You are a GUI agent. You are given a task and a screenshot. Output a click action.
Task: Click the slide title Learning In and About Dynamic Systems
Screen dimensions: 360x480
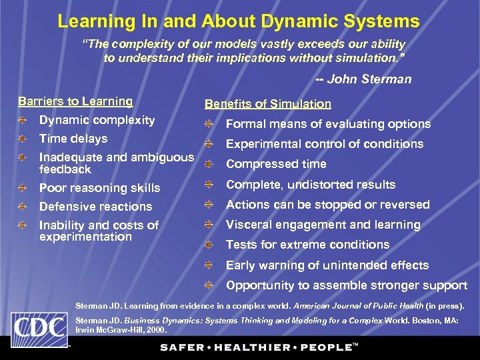click(239, 21)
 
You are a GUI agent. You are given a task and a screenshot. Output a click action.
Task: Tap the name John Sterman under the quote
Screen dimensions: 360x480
click(370, 79)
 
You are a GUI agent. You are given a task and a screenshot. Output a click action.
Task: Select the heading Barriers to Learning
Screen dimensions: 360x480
click(75, 101)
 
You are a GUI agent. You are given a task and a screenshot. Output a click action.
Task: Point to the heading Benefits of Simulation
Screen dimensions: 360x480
click(267, 104)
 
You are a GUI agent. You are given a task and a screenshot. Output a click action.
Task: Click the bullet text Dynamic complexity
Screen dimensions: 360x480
click(97, 121)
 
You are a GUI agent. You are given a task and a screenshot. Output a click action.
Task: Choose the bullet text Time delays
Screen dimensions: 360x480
click(73, 139)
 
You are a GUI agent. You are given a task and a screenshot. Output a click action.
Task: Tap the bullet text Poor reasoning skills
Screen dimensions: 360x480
click(99, 188)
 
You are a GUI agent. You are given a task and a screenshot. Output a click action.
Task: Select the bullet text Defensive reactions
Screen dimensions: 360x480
click(95, 207)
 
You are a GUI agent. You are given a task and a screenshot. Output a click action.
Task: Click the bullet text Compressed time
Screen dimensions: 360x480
click(276, 164)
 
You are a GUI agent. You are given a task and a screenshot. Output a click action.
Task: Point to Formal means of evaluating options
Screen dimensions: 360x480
click(328, 124)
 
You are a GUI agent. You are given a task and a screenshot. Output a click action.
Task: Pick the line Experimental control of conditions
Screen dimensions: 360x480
click(325, 144)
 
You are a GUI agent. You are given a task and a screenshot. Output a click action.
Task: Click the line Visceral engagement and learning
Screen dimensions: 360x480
click(323, 225)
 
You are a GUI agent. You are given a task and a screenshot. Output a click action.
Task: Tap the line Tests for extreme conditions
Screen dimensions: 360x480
click(307, 245)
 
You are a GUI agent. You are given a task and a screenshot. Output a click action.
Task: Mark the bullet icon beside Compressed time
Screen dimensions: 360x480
click(209, 164)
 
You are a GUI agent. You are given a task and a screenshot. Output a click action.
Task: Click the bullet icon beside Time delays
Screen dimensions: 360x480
click(23, 139)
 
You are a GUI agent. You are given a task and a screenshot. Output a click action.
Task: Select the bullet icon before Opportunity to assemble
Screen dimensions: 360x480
click(209, 285)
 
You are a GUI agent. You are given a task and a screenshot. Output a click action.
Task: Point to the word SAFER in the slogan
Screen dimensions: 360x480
click(183, 347)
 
